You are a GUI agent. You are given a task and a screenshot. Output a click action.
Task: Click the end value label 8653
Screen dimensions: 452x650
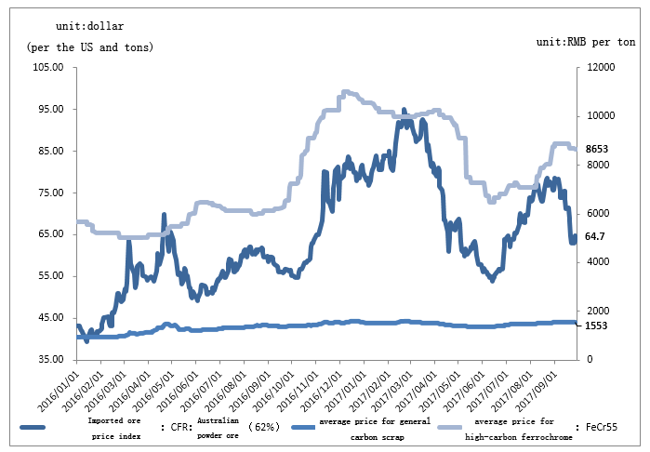pos(596,149)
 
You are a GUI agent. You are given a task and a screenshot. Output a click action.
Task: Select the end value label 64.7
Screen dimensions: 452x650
pos(595,237)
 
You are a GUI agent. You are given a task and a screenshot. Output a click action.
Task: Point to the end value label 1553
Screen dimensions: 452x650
pos(596,326)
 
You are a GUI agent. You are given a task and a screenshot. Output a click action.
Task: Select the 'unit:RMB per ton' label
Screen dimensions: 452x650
pos(587,43)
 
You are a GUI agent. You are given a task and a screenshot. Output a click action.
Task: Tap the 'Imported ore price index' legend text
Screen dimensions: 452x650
pos(116,428)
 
